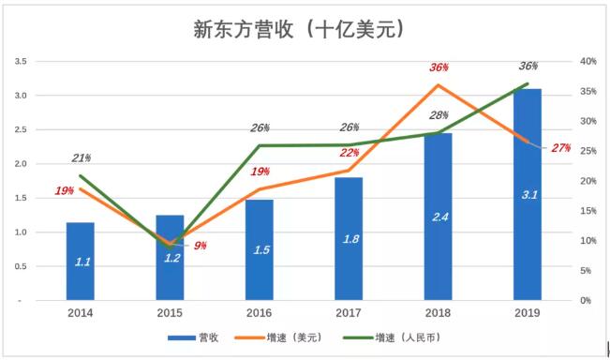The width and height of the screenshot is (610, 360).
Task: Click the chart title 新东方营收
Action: (x=243, y=30)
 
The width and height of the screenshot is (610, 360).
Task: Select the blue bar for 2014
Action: (x=81, y=262)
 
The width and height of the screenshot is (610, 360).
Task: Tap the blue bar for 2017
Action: (x=349, y=238)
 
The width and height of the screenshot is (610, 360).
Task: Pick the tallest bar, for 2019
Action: (x=528, y=194)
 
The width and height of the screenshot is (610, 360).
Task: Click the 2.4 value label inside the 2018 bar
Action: (x=440, y=217)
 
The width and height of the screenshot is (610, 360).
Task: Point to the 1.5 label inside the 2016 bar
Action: (x=261, y=249)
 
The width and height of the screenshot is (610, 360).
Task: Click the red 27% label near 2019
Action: (x=561, y=148)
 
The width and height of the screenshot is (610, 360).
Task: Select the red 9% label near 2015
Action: (x=201, y=246)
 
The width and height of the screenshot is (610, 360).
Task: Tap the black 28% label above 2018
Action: (x=439, y=115)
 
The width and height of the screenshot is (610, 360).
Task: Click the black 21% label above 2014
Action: (x=82, y=158)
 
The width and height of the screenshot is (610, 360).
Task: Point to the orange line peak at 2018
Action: (x=438, y=84)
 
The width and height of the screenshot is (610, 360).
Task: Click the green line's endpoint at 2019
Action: (x=528, y=83)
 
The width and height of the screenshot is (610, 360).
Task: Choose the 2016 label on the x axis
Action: (x=260, y=313)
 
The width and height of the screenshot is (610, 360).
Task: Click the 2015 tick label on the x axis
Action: (x=170, y=313)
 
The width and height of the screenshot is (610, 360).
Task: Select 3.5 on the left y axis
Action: (x=21, y=61)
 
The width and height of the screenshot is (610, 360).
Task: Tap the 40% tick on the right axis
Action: (x=588, y=61)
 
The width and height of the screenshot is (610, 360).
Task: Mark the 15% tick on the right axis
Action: (x=588, y=211)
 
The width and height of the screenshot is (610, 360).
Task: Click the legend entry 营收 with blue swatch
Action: (x=193, y=337)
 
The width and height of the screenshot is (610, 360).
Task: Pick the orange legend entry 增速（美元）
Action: (x=279, y=337)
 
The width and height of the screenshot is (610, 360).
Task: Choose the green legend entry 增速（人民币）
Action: (x=392, y=337)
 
